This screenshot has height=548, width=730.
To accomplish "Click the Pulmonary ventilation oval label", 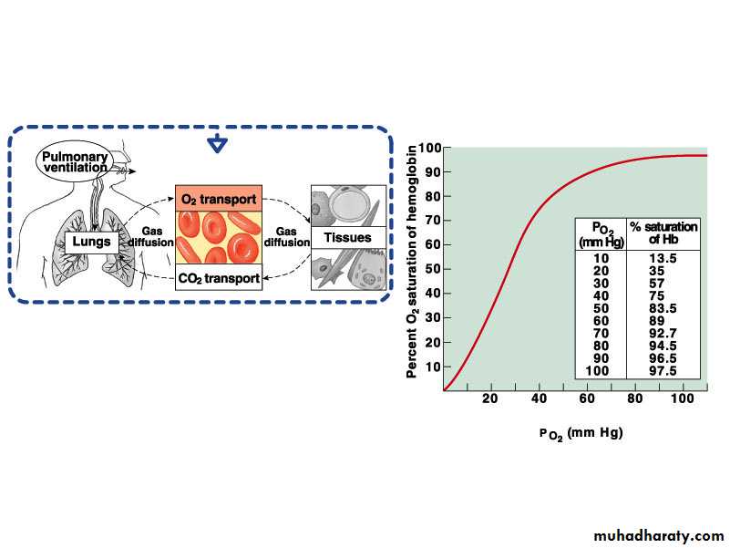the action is [x=75, y=161].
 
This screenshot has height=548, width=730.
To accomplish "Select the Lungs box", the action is [x=91, y=242].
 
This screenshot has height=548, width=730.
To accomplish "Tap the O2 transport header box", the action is [x=219, y=199].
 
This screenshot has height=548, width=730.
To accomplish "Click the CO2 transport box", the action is [x=219, y=278].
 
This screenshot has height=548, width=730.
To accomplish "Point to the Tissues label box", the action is [x=348, y=237].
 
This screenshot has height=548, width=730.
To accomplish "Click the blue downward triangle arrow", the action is [x=218, y=143].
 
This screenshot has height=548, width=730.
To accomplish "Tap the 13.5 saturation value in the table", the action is [x=663, y=259].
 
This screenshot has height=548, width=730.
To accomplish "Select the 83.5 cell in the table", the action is [x=663, y=308].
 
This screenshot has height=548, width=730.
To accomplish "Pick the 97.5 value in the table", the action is [x=663, y=371].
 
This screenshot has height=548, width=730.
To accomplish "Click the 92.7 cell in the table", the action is [x=663, y=334].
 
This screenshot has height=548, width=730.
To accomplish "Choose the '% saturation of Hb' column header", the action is [x=663, y=233].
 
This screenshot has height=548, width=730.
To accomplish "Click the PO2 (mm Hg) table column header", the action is [x=601, y=235].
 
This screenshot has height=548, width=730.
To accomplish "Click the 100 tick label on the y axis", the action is [x=428, y=149].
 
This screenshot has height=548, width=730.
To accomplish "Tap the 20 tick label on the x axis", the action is [x=490, y=398].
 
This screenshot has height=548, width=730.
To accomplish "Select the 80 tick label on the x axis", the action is [x=634, y=398].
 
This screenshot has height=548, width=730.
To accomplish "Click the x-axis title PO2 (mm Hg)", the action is [x=581, y=434].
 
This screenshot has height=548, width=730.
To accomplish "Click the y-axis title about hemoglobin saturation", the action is [x=412, y=262].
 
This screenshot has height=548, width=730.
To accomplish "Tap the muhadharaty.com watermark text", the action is [x=658, y=536].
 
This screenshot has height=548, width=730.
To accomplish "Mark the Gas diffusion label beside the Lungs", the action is [x=151, y=237].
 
